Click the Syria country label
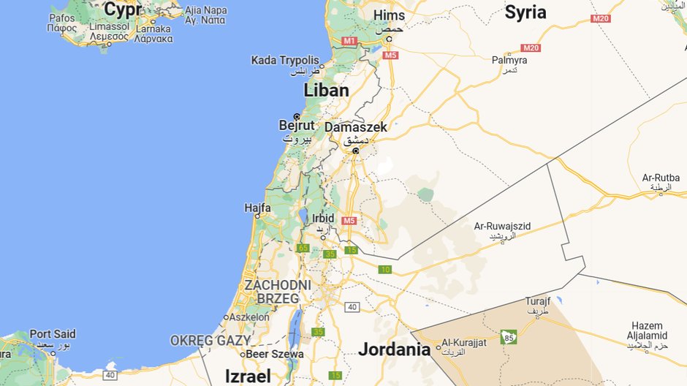(525, 12)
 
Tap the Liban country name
(326, 90)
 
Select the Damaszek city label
(355, 127)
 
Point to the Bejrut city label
(297, 125)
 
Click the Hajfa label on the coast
(258, 208)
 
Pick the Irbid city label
(322, 219)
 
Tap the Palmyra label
(509, 60)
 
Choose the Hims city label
(388, 15)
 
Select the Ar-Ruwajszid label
(501, 227)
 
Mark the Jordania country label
(394, 349)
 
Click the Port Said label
(53, 334)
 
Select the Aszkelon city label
(249, 317)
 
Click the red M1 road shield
(349, 41)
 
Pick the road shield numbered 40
(352, 306)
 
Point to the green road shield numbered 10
(385, 270)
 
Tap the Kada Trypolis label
(285, 60)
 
